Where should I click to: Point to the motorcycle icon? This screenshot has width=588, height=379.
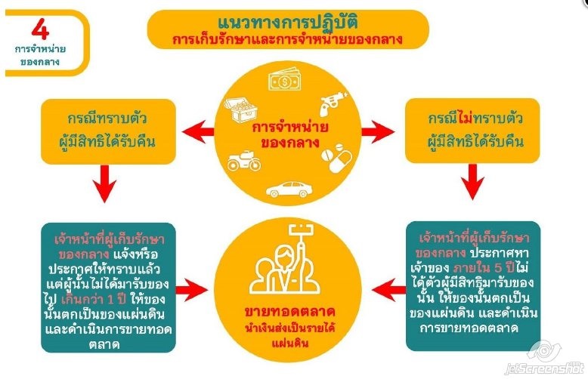coord(245,161)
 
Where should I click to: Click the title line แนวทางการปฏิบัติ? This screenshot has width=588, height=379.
coord(293,19)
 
